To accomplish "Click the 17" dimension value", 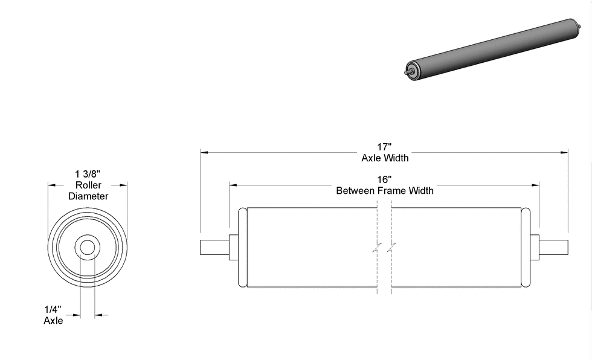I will [x=385, y=147].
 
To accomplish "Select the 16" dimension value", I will [x=385, y=179].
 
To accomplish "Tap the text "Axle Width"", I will [x=385, y=158].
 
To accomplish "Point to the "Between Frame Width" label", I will [x=385, y=191].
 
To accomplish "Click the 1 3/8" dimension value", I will [x=88, y=174].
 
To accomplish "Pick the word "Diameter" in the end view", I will [x=88, y=196].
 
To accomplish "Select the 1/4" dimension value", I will [x=53, y=309].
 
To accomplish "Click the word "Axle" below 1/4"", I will [x=53, y=321].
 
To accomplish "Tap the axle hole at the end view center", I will [x=88, y=248].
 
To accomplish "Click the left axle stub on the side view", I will [x=214, y=248].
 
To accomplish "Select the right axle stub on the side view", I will [x=554, y=248].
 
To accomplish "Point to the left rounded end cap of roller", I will [x=243, y=248].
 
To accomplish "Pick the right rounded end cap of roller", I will [x=526, y=248].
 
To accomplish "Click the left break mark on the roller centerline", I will [x=376, y=248].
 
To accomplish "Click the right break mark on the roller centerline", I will [x=393, y=248].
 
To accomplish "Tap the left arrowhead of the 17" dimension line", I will [x=204, y=153].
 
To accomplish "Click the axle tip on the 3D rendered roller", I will [x=406, y=73].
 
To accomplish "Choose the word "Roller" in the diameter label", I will [x=88, y=185].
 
